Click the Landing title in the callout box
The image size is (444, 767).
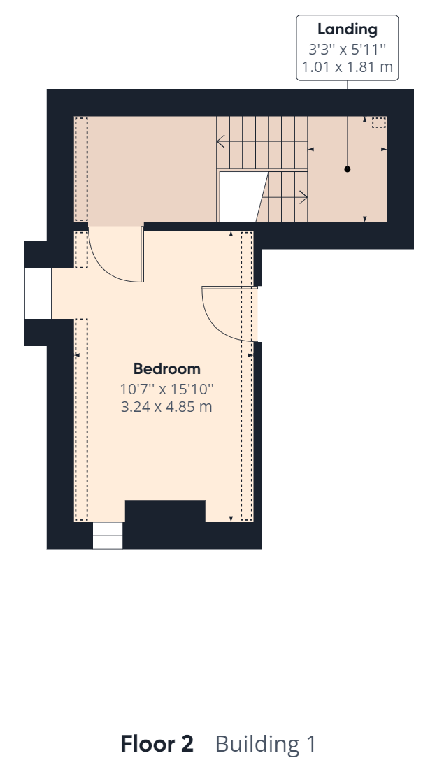pos(348,29)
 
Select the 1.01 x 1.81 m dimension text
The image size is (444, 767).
pos(348,66)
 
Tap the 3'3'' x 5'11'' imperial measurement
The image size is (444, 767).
pos(348,49)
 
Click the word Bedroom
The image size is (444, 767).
pos(166,369)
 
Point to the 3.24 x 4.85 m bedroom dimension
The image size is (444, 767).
pos(166,406)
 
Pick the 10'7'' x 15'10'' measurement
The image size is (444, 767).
pos(166,389)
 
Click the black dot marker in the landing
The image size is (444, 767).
pos(348,169)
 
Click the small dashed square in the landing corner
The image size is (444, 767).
pos(379,122)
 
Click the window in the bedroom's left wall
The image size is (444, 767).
pos(38,293)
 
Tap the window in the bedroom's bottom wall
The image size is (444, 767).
pos(108,535)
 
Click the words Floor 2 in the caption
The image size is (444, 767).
pos(157,743)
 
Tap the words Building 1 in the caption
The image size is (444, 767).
pos(266,744)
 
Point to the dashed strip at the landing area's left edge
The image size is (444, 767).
pos(81,169)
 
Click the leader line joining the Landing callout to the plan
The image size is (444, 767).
pos(348,124)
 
